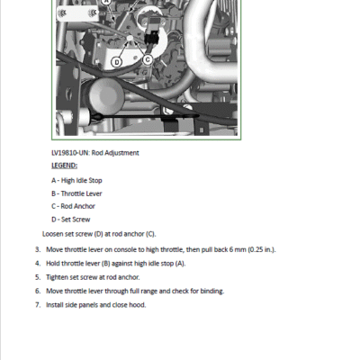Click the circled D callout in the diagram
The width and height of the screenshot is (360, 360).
pos(117,62)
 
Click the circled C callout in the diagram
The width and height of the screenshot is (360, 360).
pos(148,60)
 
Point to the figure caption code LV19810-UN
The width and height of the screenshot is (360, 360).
pos(70,153)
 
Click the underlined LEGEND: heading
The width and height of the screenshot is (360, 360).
pos(64,166)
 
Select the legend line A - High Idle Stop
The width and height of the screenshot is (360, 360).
pos(76,180)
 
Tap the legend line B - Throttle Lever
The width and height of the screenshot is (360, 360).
pos(76,193)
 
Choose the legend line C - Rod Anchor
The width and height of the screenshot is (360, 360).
pos(73,206)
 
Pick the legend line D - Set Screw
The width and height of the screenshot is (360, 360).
pos(71,220)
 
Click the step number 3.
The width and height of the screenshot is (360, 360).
pos(38,249)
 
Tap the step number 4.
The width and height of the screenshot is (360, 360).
pos(38,264)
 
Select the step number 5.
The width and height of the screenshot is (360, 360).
pos(38,277)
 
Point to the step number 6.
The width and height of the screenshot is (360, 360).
pos(38,291)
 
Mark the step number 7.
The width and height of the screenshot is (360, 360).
pos(38,305)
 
